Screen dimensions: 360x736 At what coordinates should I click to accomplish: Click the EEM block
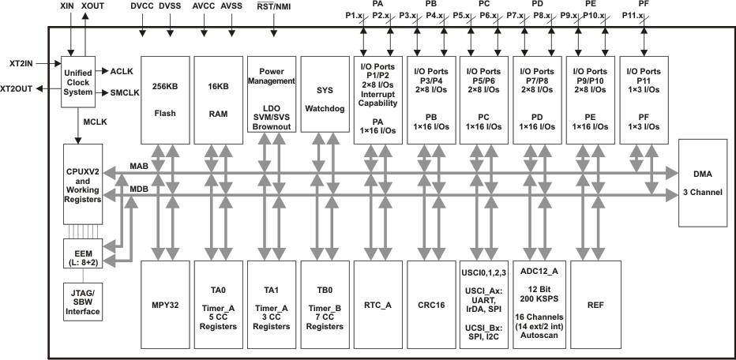click(x=81, y=257)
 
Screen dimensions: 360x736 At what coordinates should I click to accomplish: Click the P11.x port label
click(x=633, y=15)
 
